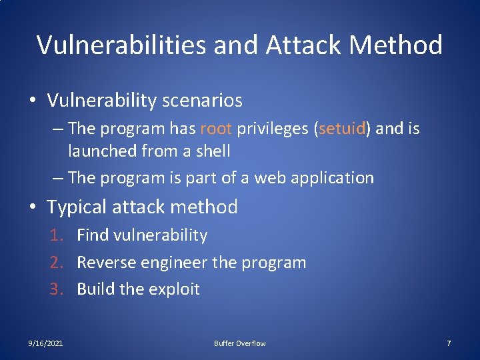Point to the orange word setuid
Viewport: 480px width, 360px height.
[343, 129]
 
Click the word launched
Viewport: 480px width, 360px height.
[102, 151]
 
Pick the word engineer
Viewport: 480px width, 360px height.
[170, 262]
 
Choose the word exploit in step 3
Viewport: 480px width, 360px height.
[177, 289]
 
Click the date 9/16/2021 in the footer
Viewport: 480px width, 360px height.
[46, 343]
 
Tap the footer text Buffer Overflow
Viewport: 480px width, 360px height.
[239, 343]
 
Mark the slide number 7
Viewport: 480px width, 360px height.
[449, 343]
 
